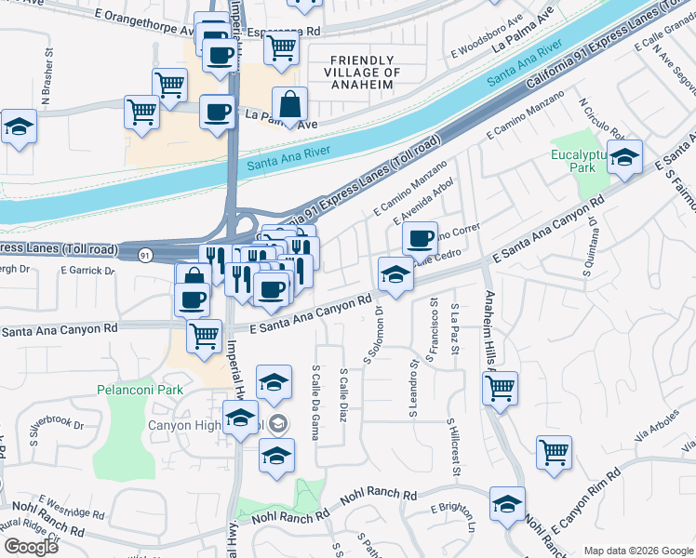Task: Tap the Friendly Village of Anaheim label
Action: pos(364,73)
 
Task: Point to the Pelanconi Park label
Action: pos(141,390)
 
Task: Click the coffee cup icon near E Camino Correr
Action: pos(421,238)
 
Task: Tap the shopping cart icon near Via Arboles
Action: pos(555,452)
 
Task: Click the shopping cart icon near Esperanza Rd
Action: pos(281,46)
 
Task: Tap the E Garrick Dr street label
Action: pos(86,270)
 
